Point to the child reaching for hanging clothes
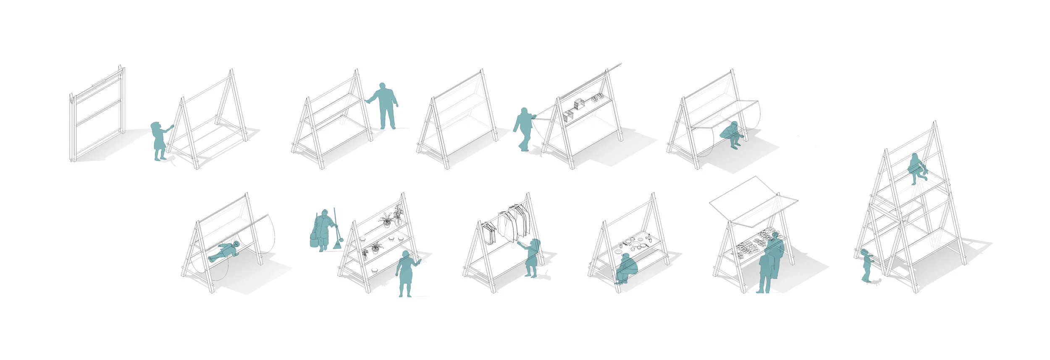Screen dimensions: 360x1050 click(x=532, y=257)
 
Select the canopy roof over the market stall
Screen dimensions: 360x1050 click(x=752, y=200)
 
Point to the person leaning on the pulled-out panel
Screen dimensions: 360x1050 click(x=523, y=129)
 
